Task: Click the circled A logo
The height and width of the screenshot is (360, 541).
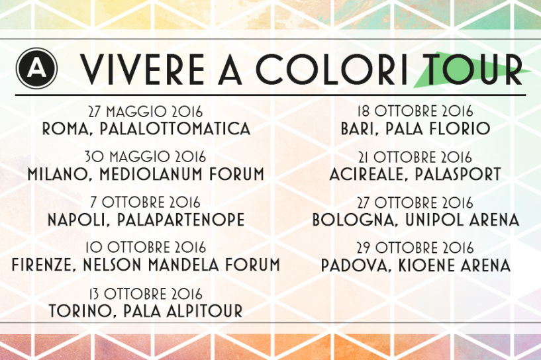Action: click(x=36, y=68)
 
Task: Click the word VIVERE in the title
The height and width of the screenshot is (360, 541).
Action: click(x=142, y=69)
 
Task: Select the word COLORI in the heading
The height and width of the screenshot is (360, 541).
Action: click(x=332, y=69)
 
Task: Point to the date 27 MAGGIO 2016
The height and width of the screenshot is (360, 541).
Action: click(x=146, y=112)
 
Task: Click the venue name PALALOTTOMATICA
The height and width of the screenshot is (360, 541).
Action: click(x=175, y=128)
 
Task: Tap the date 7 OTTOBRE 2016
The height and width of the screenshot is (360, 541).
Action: click(x=145, y=202)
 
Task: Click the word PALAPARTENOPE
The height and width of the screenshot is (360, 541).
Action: click(x=181, y=220)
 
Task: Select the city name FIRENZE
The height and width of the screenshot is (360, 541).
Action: click(x=42, y=265)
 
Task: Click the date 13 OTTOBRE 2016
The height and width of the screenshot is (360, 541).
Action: click(x=146, y=294)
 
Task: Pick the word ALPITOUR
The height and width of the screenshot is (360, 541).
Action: click(x=205, y=310)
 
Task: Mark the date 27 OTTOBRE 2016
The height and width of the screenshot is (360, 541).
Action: click(x=415, y=202)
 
